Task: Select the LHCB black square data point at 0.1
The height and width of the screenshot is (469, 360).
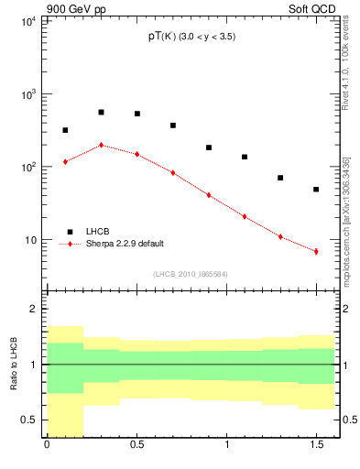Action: click(65, 130)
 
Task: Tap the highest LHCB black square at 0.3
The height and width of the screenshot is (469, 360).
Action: click(101, 112)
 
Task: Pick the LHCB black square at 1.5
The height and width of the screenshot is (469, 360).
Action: click(316, 190)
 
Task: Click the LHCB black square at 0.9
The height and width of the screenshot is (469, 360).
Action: click(209, 147)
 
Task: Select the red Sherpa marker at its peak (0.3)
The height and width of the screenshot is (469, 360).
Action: click(101, 145)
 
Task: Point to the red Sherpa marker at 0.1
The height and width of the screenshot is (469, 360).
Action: click(65, 162)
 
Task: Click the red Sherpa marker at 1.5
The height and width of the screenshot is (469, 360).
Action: click(316, 251)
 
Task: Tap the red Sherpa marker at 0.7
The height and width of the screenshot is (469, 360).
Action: click(172, 172)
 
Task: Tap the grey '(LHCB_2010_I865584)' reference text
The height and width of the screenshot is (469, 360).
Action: click(190, 274)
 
